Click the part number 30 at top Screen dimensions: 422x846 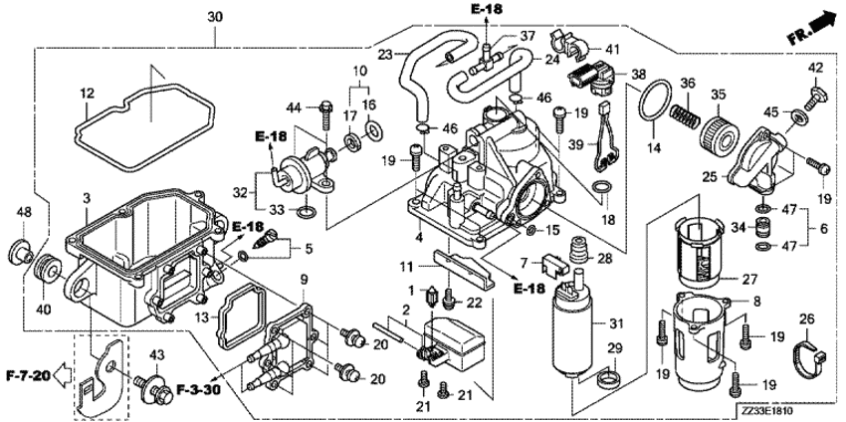pyautogui.click(x=216, y=17)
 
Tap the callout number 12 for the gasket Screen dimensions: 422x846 pyautogui.click(x=86, y=94)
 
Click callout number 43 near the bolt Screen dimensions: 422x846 pyautogui.click(x=156, y=355)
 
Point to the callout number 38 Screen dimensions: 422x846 pyautogui.click(x=638, y=73)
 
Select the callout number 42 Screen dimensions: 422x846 pyautogui.click(x=815, y=67)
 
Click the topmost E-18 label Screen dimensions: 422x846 pyautogui.click(x=487, y=9)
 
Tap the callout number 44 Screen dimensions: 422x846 pyautogui.click(x=294, y=106)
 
